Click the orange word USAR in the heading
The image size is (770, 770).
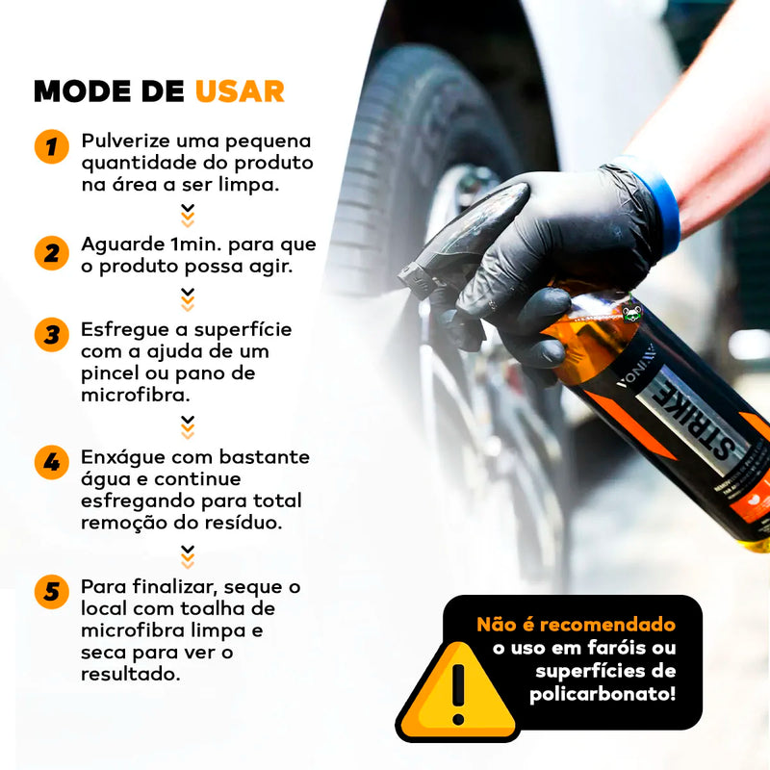click(240, 91)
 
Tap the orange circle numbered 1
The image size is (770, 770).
click(52, 146)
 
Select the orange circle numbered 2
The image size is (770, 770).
click(52, 253)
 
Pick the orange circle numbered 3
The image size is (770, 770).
click(52, 335)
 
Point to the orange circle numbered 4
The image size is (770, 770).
click(52, 462)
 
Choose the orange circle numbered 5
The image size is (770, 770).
click(52, 592)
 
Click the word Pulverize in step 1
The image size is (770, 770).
click(125, 141)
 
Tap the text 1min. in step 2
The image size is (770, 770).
click(196, 244)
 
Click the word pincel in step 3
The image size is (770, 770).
click(110, 374)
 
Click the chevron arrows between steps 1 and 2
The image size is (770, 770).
click(188, 216)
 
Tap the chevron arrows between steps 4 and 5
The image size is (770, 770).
click(188, 557)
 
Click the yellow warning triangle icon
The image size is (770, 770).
click(458, 692)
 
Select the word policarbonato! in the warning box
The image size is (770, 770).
click(603, 694)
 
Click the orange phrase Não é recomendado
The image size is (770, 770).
click(576, 625)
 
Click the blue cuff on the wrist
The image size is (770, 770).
click(654, 202)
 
